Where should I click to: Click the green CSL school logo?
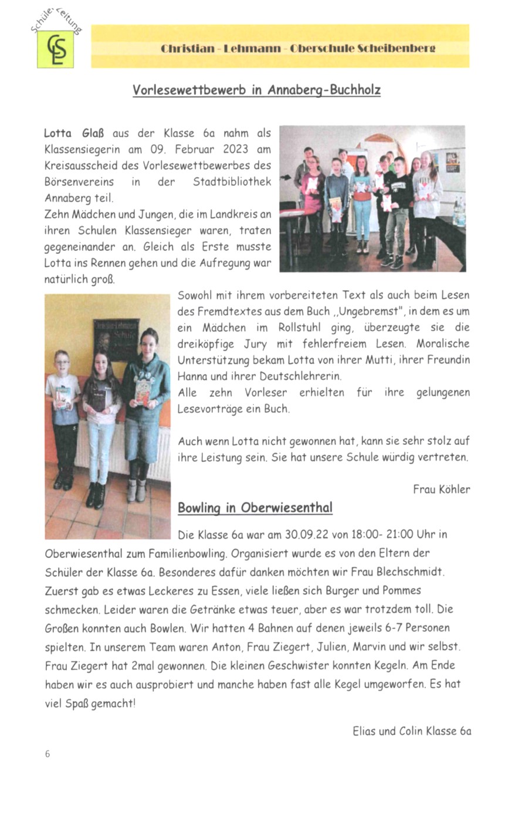click(x=56, y=49)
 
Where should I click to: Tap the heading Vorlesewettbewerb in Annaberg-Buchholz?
click(x=256, y=90)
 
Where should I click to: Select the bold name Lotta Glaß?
click(x=74, y=133)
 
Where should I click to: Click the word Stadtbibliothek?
click(x=232, y=182)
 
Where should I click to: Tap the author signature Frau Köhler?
click(x=441, y=489)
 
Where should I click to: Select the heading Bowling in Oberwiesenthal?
click(x=255, y=508)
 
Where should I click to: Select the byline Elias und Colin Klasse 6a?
click(x=412, y=731)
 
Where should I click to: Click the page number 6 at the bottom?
click(x=48, y=754)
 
